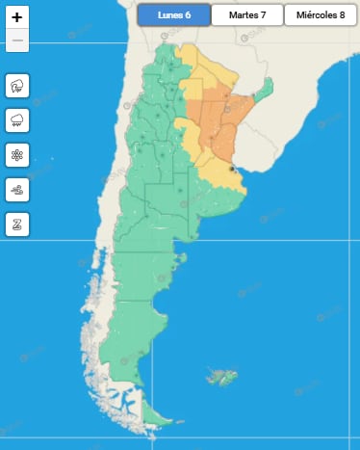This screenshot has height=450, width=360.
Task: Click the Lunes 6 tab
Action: pyautogui.click(x=173, y=14)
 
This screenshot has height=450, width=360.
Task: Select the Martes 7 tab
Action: pyautogui.click(x=246, y=14)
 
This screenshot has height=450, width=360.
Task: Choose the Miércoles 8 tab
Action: pyautogui.click(x=321, y=14)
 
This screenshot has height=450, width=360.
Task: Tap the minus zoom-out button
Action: pyautogui.click(x=17, y=40)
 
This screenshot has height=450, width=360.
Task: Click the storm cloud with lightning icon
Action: pyautogui.click(x=17, y=87)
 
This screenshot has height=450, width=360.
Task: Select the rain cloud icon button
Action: pyautogui.click(x=17, y=120)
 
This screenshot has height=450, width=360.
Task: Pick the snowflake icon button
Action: pyautogui.click(x=17, y=155)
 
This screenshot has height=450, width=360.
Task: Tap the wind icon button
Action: pyautogui.click(x=17, y=189)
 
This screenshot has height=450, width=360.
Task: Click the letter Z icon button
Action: pyautogui.click(x=17, y=224)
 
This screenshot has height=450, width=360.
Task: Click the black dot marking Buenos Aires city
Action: pyautogui.click(x=232, y=169)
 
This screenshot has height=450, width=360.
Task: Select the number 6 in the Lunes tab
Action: pyautogui.click(x=188, y=14)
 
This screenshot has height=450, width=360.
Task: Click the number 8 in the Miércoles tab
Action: pyautogui.click(x=341, y=14)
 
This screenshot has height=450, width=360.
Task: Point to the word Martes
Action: pyautogui.click(x=242, y=14)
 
